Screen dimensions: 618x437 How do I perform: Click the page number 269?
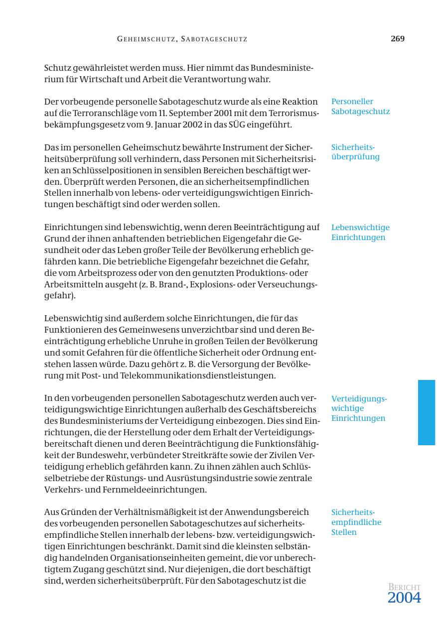[397, 39]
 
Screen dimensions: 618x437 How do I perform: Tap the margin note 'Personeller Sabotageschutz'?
[360, 107]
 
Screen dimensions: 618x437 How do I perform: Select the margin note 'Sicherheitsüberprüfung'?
[355, 152]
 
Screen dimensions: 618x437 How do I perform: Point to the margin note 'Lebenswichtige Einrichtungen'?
[360, 233]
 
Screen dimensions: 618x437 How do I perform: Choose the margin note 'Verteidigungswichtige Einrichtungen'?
[359, 408]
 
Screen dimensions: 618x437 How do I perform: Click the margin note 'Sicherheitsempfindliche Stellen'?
[356, 522]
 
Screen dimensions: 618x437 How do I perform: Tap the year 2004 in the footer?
[404, 598]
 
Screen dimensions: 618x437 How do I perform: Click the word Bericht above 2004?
[404, 588]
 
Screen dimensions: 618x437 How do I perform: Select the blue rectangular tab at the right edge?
[426, 412]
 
